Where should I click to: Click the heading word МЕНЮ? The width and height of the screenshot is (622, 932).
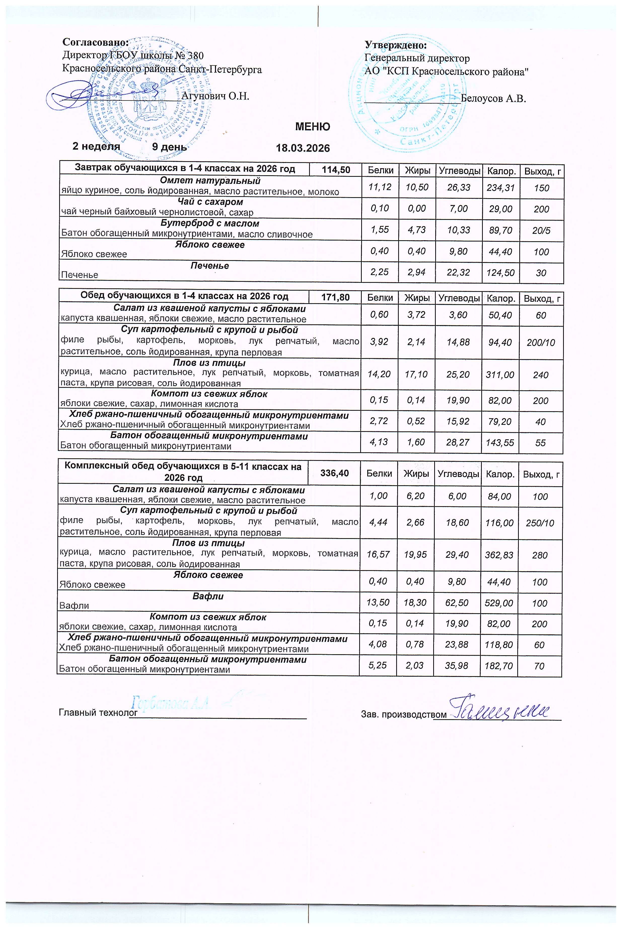(x=313, y=127)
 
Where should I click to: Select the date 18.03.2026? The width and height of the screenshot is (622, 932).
(x=303, y=148)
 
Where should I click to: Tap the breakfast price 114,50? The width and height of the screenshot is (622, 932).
(x=336, y=170)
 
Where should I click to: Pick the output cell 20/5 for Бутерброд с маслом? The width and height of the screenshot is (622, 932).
(x=541, y=230)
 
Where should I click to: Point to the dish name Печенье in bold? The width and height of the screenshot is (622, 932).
(x=210, y=265)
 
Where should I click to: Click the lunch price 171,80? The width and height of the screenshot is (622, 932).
(x=335, y=297)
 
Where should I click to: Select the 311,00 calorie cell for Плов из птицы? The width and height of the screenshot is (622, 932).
(x=500, y=374)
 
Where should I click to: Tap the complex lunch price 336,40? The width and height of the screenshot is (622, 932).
(x=334, y=473)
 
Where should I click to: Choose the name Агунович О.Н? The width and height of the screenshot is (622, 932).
(x=215, y=96)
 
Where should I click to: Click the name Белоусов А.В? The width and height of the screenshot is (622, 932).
(x=493, y=98)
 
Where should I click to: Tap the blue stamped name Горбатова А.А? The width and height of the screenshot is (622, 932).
(x=171, y=703)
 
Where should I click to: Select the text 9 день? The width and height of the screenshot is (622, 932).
(x=169, y=147)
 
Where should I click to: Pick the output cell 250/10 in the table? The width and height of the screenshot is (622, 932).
(x=540, y=523)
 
